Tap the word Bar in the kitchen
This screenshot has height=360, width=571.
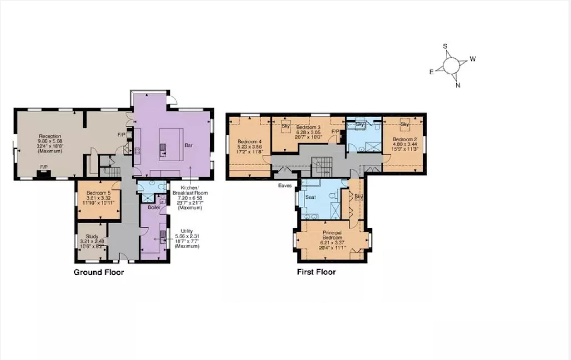coord(188,145)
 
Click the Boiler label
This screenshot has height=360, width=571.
coord(154,207)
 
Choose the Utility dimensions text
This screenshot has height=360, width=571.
coord(187,238)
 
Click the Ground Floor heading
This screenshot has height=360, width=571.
coord(99,272)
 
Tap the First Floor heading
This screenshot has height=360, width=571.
coord(316,272)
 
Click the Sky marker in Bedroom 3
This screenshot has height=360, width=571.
coord(285,126)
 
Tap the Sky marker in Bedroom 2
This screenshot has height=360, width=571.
coord(405,124)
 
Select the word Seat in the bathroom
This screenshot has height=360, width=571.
coord(311,197)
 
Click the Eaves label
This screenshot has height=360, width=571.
coord(285,186)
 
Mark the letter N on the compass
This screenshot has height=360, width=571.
coord(458,85)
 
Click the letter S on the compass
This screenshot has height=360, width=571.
coord(445,46)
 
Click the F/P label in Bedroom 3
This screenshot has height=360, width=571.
coord(335,132)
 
